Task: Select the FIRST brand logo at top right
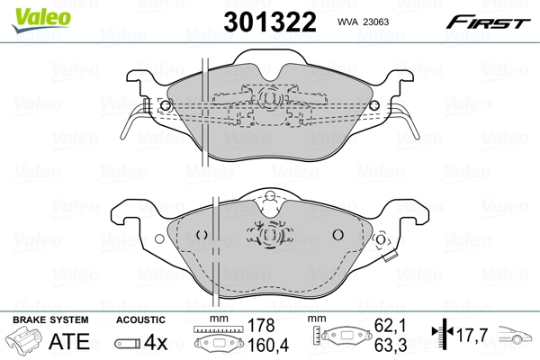(x=496, y=22)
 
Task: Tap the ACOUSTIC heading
(x=139, y=319)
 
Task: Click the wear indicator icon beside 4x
(x=128, y=342)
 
